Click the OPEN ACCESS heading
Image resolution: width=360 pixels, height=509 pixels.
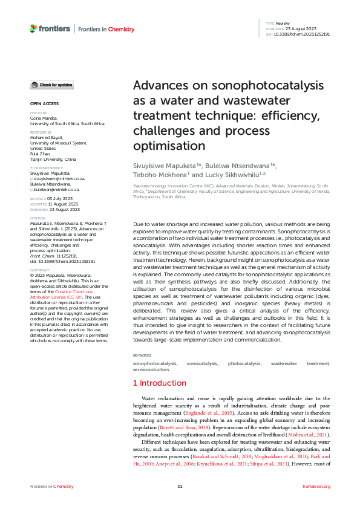44,104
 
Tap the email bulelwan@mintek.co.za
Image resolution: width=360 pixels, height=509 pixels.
57,189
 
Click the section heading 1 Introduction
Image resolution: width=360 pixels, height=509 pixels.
159,383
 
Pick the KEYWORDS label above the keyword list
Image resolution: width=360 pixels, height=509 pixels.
142,355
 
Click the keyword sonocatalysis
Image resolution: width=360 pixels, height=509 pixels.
203,363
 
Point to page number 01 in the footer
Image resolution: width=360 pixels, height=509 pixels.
180,487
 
